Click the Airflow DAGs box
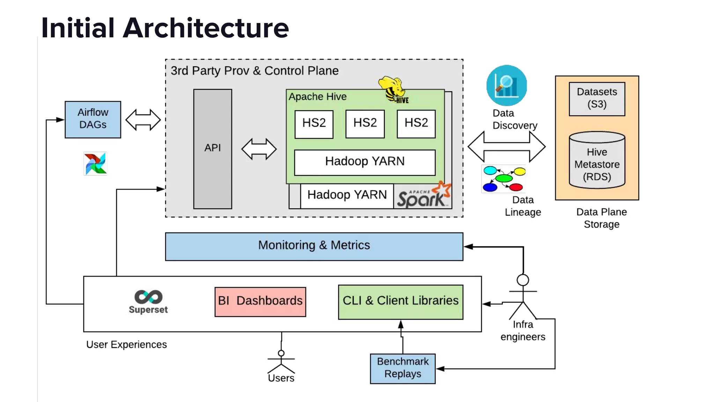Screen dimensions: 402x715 pos(93,119)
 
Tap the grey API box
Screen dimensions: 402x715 pos(213,149)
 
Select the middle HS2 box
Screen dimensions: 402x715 pos(365,124)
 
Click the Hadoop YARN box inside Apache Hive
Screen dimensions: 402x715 pos(365,162)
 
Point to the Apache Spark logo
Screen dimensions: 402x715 pos(423,196)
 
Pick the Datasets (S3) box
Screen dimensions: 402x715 pos(597,99)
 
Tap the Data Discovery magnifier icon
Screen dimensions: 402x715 pos(506,85)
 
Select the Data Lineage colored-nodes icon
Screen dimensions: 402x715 pos(504,179)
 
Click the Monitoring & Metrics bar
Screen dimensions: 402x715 pos(314,246)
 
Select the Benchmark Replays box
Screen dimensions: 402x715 pos(403,368)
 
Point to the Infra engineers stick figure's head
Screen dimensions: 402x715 pos(523,280)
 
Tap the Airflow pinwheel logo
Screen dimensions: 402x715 pos(95,163)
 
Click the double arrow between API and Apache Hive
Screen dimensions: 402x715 pos(259,149)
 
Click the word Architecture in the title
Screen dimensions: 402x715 pos(206,28)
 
